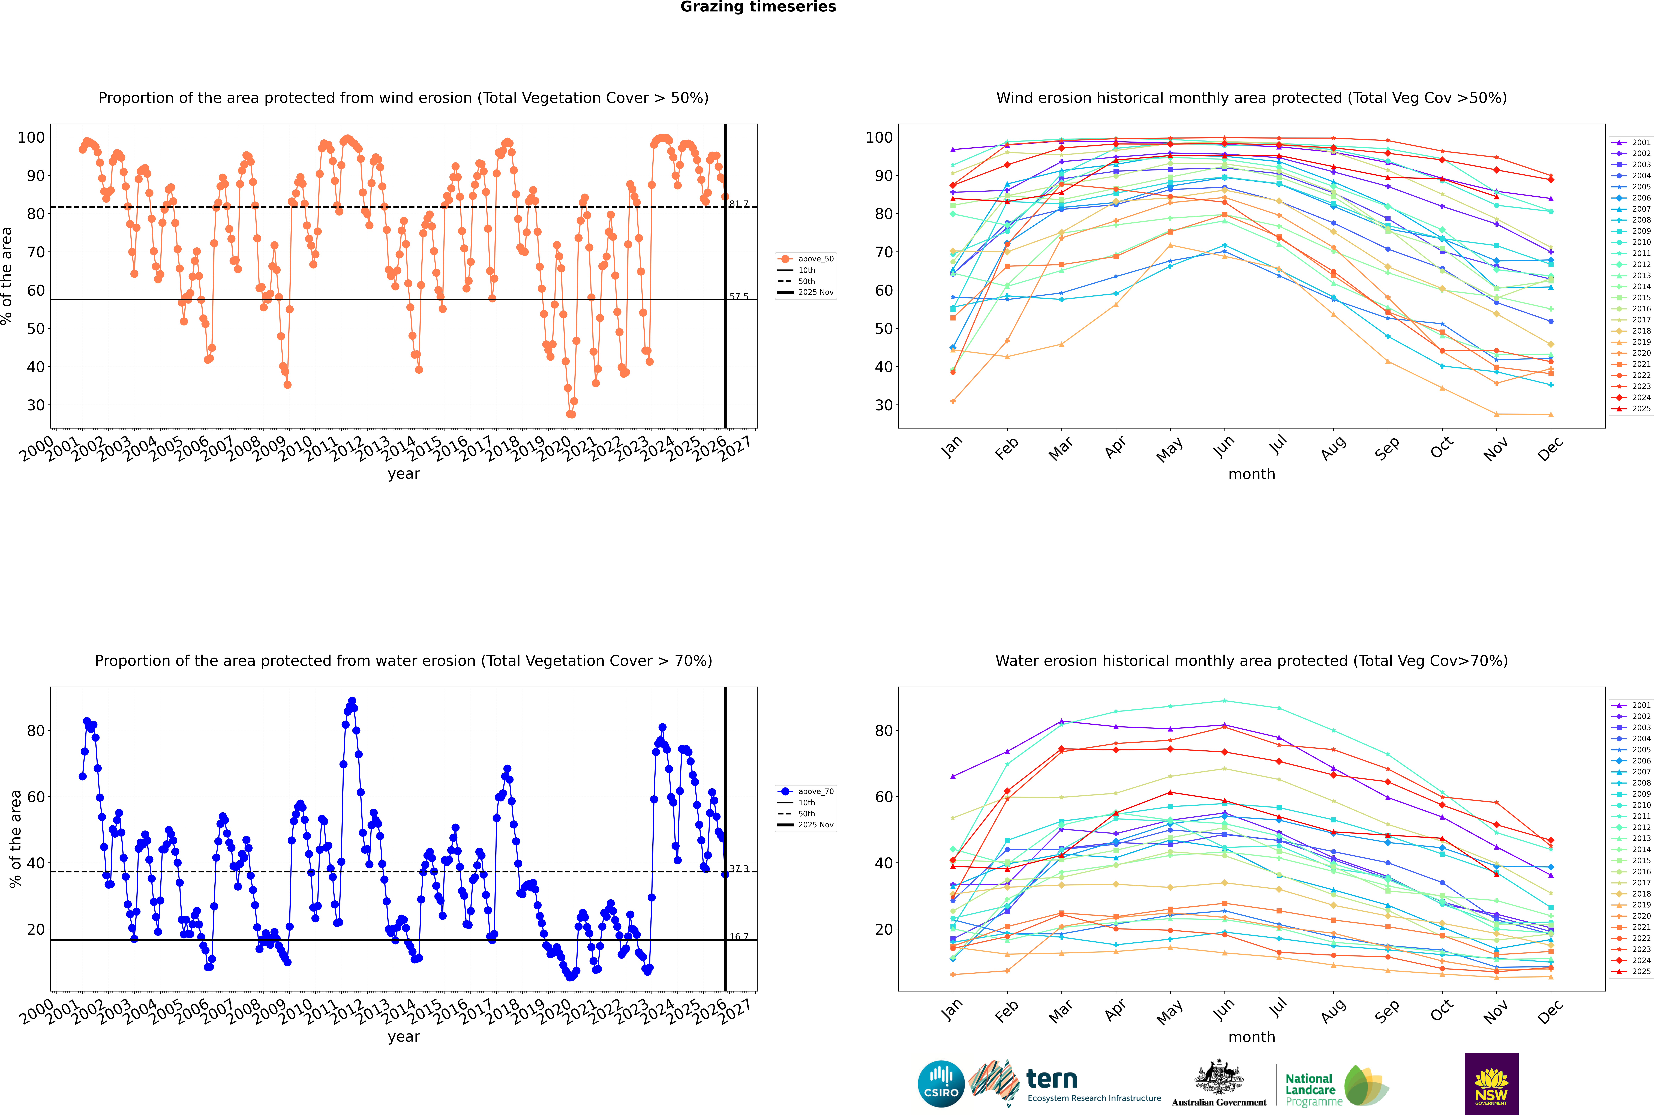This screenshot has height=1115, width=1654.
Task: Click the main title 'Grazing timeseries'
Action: [758, 7]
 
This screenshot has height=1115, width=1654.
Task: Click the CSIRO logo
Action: [941, 1084]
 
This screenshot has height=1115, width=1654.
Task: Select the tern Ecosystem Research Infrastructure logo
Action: [1064, 1084]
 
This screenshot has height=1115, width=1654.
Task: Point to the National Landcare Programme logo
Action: [1335, 1086]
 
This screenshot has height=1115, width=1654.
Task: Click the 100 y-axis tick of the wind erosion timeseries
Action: [31, 137]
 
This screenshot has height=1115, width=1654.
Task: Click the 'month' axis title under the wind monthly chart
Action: [1251, 474]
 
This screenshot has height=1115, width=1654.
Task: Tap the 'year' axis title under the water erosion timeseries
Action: [404, 1037]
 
